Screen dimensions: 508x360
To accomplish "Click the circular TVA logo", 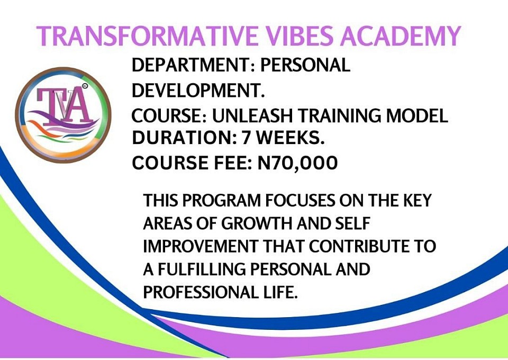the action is (63, 115).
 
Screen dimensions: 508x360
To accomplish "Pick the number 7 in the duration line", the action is (247, 138).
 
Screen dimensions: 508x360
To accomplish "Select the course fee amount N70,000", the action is (297, 163).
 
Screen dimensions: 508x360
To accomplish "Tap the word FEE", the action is (233, 163).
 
